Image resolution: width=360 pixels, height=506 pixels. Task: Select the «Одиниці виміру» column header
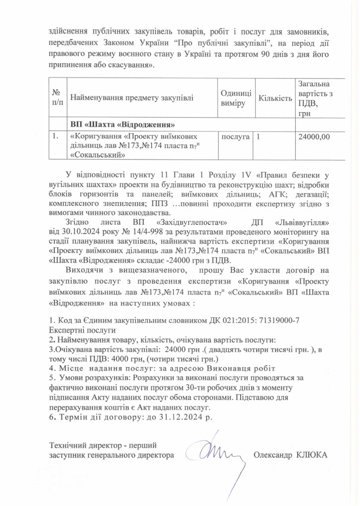(235, 98)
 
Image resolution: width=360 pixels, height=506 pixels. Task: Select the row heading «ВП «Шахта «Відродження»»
(122, 124)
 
